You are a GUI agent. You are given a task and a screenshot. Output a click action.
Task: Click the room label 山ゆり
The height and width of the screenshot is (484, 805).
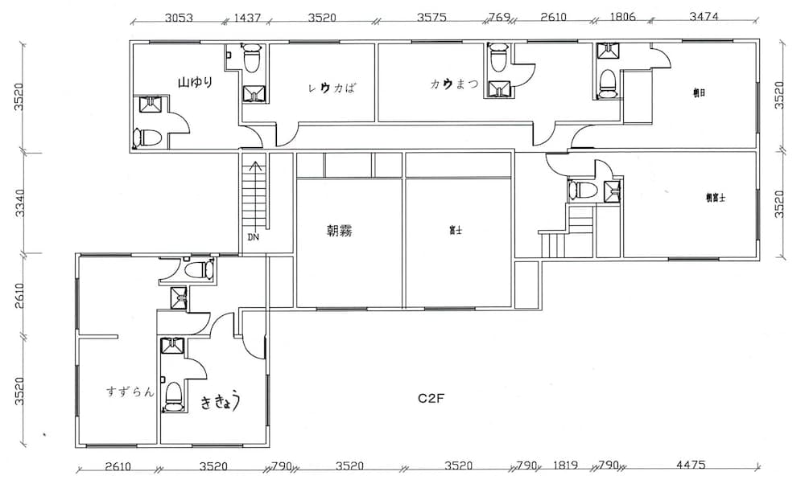(196, 82)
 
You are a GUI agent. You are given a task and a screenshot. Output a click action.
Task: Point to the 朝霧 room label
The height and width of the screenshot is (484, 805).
(338, 232)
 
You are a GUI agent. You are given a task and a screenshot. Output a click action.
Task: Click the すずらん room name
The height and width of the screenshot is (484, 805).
(130, 392)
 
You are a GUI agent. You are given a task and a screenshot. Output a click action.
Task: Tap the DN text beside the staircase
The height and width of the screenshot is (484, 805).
(254, 238)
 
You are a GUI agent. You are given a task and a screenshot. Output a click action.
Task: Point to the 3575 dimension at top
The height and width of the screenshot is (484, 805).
(434, 16)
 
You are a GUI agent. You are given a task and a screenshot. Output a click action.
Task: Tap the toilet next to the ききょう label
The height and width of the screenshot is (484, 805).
(171, 395)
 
